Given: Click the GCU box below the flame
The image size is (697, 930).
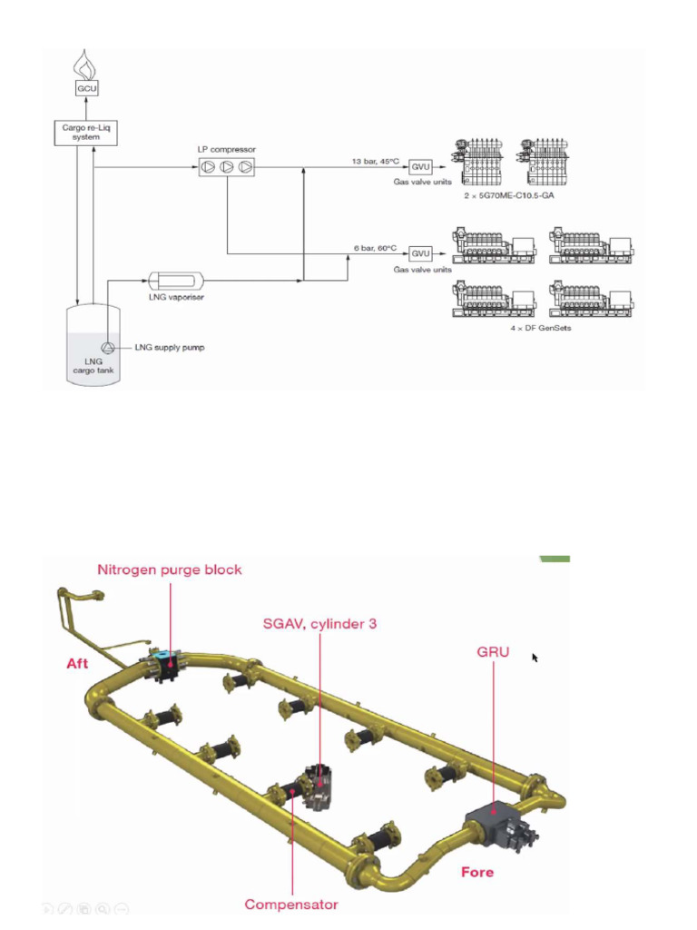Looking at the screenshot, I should click(x=86, y=88).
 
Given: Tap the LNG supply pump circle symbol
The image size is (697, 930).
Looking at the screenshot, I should click(x=109, y=346).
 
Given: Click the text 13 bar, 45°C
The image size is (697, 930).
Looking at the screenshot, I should click(x=377, y=161).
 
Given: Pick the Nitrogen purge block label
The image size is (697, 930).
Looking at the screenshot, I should click(x=170, y=569).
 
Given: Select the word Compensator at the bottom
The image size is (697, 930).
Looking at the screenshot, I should click(x=291, y=904).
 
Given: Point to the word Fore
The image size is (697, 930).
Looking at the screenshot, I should click(x=477, y=871).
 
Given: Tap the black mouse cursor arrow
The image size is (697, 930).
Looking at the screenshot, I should click(x=535, y=657).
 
